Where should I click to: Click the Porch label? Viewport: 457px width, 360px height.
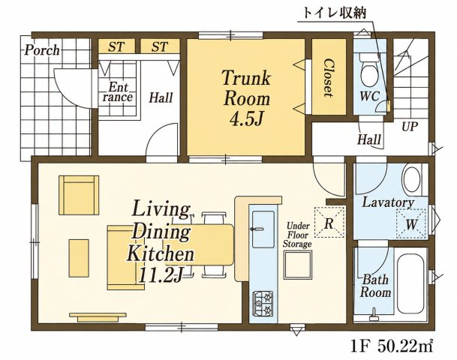pos(42,50)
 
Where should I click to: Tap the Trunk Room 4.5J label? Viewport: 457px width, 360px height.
pos(247,97)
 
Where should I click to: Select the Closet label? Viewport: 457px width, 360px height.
pos(329,78)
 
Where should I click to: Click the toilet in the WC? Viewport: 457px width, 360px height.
pos(369,70)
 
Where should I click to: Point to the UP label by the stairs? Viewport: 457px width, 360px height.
pos(410,127)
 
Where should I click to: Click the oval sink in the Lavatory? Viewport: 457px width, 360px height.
pos(411,178)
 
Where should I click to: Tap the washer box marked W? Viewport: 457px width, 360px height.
pos(412,224)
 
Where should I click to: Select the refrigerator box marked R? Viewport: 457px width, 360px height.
pos(329,222)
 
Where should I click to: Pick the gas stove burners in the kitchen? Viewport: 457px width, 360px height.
pos(263,304)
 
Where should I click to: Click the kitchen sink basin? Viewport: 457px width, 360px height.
pos(263,229)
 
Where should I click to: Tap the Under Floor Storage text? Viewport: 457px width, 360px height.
pos(298,235)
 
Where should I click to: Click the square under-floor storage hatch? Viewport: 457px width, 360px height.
pos(298,265)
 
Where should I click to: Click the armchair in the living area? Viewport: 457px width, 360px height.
pos(79,195)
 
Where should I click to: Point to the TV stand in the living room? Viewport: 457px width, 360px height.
pos(98,317)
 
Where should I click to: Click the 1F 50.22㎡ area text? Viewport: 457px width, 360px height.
pos(392,346)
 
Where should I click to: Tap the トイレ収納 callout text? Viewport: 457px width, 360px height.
pos(334,13)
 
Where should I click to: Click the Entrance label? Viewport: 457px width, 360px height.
pos(118,92)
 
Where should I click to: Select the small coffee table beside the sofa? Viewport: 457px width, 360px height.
pos(79,258)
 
